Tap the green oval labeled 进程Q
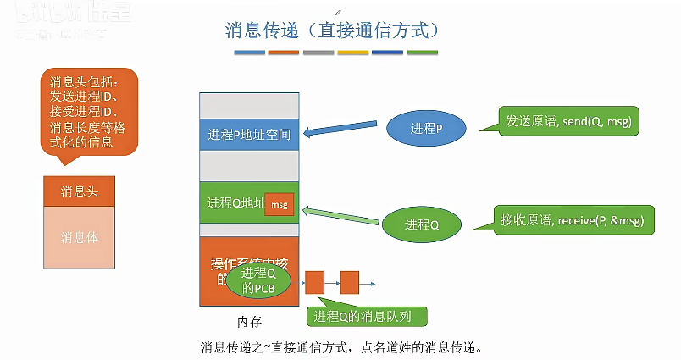tap(422, 224)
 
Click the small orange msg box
tap(279, 204)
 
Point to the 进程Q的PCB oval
tap(259, 280)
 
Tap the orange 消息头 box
tap(79, 191)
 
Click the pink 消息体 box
tap(79, 238)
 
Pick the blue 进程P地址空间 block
tap(249, 135)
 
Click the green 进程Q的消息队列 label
tap(367, 317)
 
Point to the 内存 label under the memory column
tap(249, 323)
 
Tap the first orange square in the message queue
tap(314, 282)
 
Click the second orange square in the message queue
tap(349, 282)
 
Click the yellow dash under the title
tap(352, 53)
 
